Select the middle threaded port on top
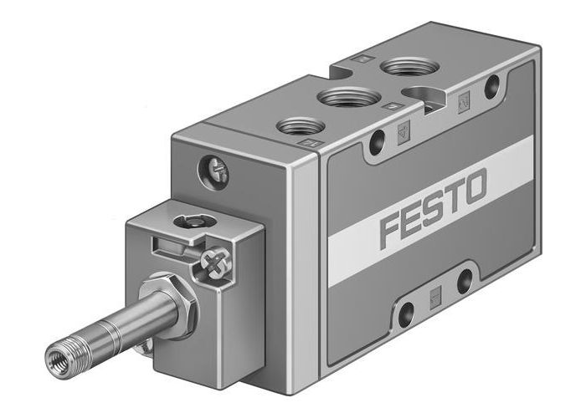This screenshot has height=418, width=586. tap(346, 98)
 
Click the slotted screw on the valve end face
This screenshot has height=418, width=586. tap(213, 171)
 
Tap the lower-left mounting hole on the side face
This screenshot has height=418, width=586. tap(406, 313)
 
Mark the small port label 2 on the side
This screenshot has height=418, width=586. tap(465, 102)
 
